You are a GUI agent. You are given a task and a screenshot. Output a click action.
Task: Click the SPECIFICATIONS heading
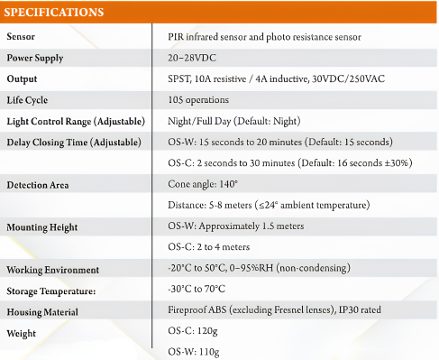click(54, 12)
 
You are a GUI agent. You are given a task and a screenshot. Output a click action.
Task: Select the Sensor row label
click(21, 37)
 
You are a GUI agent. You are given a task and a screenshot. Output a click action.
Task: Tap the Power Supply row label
click(35, 58)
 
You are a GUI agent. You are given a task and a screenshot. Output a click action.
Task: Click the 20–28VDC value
click(192, 58)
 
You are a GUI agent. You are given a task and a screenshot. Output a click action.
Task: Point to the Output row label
click(22, 78)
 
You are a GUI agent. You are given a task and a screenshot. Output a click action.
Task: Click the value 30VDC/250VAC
click(348, 78)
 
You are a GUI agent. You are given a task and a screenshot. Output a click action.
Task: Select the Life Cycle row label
click(27, 100)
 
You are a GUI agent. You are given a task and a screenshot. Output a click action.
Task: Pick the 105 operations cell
click(198, 100)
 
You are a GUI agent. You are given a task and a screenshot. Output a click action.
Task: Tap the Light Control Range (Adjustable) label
click(76, 121)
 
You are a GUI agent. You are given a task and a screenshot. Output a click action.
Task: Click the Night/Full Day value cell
click(234, 121)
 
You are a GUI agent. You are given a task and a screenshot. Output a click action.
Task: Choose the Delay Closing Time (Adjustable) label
click(74, 143)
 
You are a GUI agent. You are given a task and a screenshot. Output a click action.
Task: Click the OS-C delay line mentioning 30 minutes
click(290, 163)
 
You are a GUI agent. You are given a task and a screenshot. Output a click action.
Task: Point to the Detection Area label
click(38, 185)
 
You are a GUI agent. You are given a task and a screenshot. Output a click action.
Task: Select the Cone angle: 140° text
click(203, 184)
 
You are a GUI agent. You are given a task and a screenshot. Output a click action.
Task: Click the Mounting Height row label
click(42, 227)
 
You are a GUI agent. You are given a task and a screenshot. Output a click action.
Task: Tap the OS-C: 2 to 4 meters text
click(208, 247)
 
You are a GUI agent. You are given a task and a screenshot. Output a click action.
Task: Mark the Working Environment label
click(52, 270)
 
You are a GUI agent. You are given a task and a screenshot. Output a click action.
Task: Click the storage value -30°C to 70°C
click(197, 289)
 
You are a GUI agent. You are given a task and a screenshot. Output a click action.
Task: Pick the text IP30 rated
click(360, 309)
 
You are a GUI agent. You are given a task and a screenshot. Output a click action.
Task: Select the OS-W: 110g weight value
click(194, 352)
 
